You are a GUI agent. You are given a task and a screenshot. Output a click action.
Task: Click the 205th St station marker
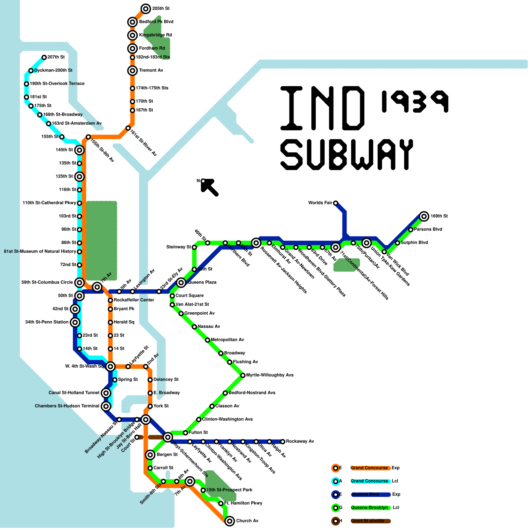click(x=145, y=9)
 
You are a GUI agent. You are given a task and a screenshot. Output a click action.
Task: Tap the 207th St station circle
click(x=44, y=57)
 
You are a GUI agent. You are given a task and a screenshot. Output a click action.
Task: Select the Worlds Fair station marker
click(x=336, y=203)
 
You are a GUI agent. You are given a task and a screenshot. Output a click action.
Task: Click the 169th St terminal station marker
click(x=424, y=216)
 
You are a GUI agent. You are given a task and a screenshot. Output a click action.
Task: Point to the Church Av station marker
click(x=230, y=521)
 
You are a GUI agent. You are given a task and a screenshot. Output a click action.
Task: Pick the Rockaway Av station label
click(x=300, y=441)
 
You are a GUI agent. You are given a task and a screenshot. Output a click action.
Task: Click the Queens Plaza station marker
click(x=181, y=283)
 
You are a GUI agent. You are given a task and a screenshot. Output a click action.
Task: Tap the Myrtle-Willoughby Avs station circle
click(x=243, y=375)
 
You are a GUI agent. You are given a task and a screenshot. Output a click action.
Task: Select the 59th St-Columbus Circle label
click(x=47, y=282)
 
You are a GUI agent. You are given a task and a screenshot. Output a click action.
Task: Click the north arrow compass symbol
click(x=209, y=187)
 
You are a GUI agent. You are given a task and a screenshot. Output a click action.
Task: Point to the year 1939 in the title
click(x=415, y=101)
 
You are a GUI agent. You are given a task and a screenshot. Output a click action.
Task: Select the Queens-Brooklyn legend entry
click(x=369, y=507)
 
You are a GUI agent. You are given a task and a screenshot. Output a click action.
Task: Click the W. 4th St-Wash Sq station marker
click(x=110, y=366)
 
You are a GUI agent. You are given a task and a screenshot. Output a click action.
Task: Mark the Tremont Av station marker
click(x=132, y=71)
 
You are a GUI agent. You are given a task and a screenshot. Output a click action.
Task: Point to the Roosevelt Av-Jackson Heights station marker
click(x=256, y=243)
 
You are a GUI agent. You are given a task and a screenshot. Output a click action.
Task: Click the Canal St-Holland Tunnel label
click(x=74, y=393)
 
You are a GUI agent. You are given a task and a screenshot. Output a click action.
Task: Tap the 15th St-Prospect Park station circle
click(x=203, y=490)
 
